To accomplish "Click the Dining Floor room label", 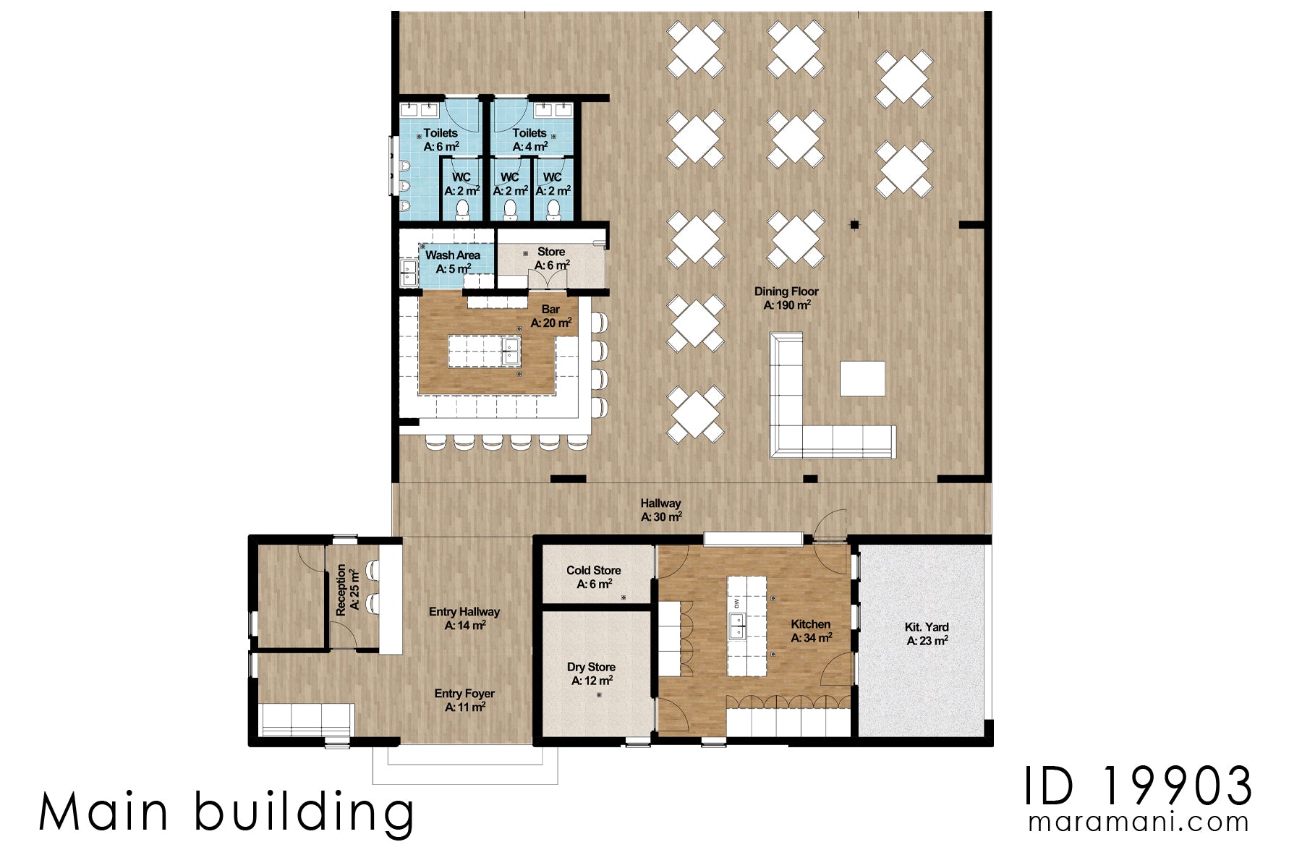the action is point(786,298).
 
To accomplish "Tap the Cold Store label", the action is point(594,576).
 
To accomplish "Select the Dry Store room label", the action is point(592,673).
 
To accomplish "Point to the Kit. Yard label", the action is point(927,634).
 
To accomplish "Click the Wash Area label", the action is point(453,261).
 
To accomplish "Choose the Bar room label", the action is point(551,316).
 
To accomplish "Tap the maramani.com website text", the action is point(1139,822).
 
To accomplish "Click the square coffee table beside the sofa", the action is point(862,378).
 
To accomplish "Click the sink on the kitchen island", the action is point(738,626).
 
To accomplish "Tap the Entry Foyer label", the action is point(464,699).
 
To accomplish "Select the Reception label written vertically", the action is point(347,590).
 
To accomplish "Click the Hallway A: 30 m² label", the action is point(661,510).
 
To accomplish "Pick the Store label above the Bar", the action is point(551,258).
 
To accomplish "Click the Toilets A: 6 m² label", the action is point(441,140).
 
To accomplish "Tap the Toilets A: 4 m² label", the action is point(529,140).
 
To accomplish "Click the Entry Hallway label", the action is point(464,618).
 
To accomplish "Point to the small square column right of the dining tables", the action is point(854,225).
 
